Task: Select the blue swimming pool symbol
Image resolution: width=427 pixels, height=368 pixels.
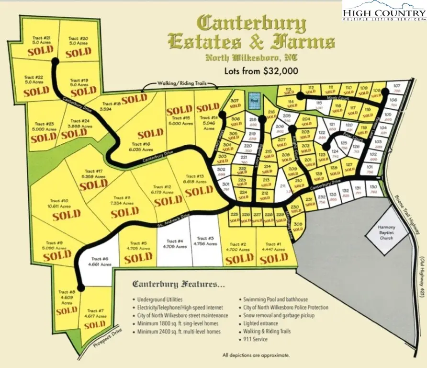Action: pyautogui.click(x=254, y=100)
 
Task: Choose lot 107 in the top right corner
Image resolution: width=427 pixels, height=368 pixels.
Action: pyautogui.click(x=396, y=87)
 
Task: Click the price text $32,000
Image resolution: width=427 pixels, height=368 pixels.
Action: pyautogui.click(x=280, y=71)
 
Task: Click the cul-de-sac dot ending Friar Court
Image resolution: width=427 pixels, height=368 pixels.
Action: pyautogui.click(x=326, y=148)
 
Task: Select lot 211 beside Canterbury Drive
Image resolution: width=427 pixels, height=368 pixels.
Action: pyautogui.click(x=283, y=186)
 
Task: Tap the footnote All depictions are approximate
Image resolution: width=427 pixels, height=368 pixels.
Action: pyautogui.click(x=256, y=355)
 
